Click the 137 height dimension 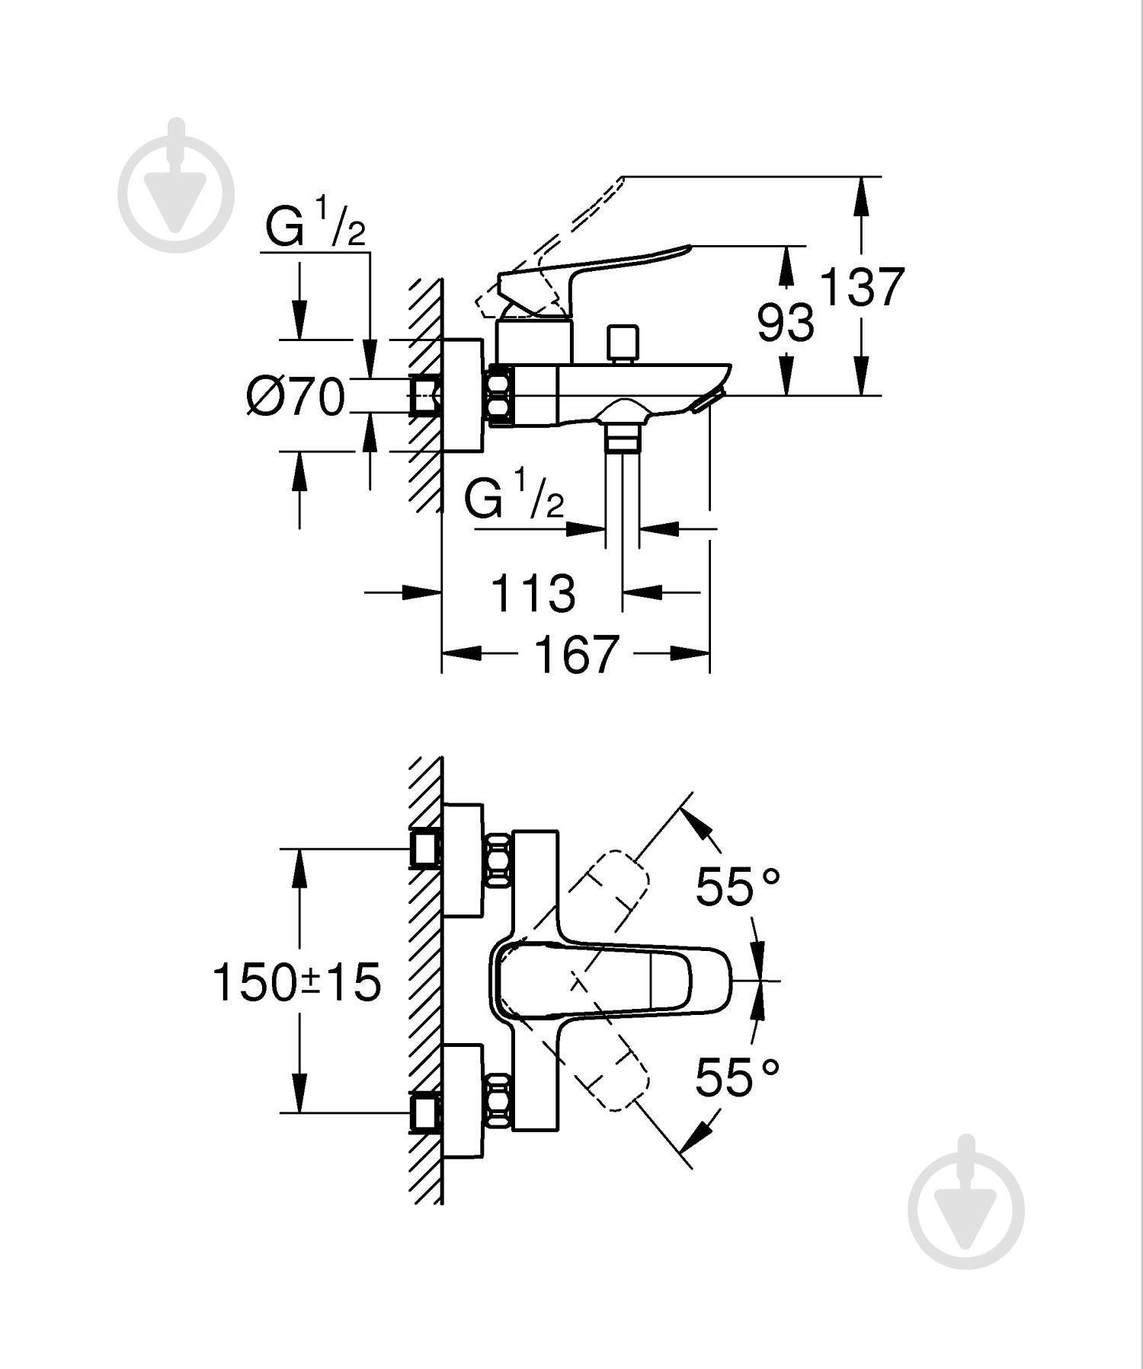click(862, 287)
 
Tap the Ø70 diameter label click(296, 397)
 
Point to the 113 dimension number click(533, 593)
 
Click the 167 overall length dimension click(575, 653)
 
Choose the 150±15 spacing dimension click(296, 981)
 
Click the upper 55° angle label click(738, 887)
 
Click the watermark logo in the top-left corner click(176, 187)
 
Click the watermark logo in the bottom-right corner click(966, 1203)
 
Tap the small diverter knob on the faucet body click(623, 343)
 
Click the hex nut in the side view click(501, 395)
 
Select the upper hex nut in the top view click(499, 860)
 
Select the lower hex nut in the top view click(499, 1101)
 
